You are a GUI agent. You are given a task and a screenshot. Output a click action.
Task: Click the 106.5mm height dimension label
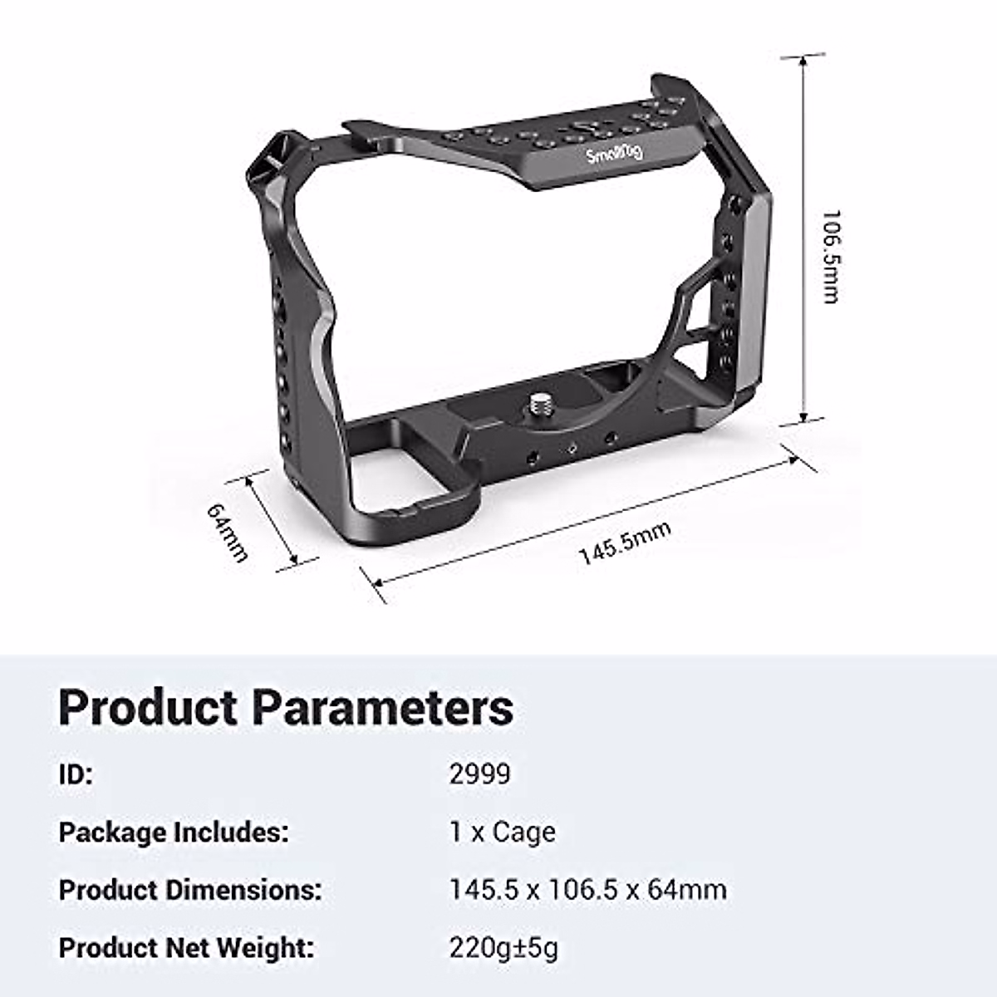point(829,256)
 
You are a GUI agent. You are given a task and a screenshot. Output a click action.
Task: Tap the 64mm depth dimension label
point(227,532)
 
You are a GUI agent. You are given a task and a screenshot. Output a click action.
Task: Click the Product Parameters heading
point(286,708)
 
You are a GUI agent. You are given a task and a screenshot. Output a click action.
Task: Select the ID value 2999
point(479,774)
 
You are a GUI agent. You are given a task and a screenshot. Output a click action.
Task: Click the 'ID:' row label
point(76,774)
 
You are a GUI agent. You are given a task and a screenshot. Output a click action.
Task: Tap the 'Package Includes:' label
point(174,832)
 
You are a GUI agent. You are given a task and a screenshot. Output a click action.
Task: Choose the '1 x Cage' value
point(503,832)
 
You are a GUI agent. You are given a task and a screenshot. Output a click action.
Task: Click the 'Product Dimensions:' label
point(190,890)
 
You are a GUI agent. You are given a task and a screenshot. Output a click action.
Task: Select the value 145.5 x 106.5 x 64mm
point(587,890)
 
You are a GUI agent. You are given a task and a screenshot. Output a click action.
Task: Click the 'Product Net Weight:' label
point(187,947)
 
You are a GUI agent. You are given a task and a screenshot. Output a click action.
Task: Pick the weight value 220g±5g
point(503,947)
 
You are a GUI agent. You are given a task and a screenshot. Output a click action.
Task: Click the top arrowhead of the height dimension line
point(803,60)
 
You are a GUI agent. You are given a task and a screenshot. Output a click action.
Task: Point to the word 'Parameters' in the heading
point(382,708)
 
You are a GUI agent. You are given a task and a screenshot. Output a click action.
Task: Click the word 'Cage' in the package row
point(524,832)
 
